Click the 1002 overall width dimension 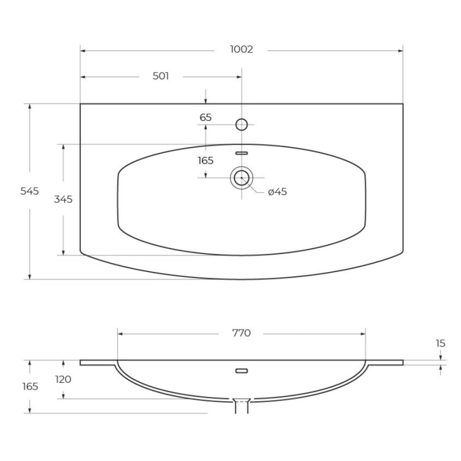[x=241, y=49]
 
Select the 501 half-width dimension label [x=160, y=76]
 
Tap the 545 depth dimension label [x=29, y=191]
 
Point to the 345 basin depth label [x=63, y=199]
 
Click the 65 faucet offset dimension [x=205, y=117]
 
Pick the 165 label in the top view [x=205, y=160]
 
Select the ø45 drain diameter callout [x=277, y=192]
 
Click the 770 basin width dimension [x=241, y=333]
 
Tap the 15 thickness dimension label [x=441, y=343]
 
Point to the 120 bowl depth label [x=63, y=379]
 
